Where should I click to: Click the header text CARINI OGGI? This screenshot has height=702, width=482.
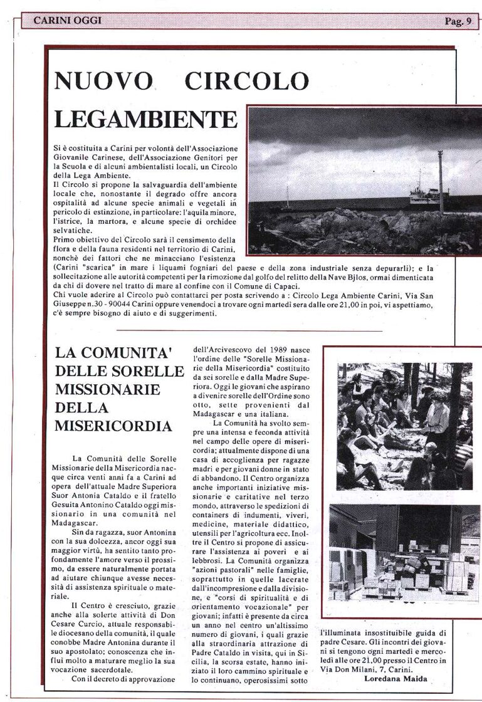pyautogui.click(x=67, y=21)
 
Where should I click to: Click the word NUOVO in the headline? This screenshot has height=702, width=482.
pyautogui.click(x=104, y=81)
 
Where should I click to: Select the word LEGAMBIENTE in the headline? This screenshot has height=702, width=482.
pyautogui.click(x=145, y=118)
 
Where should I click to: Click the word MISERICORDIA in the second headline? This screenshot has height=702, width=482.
pyautogui.click(x=113, y=426)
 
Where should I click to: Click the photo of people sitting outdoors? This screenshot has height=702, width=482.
pyautogui.click(x=404, y=426)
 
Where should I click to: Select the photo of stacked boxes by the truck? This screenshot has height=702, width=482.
pyautogui.click(x=404, y=552)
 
